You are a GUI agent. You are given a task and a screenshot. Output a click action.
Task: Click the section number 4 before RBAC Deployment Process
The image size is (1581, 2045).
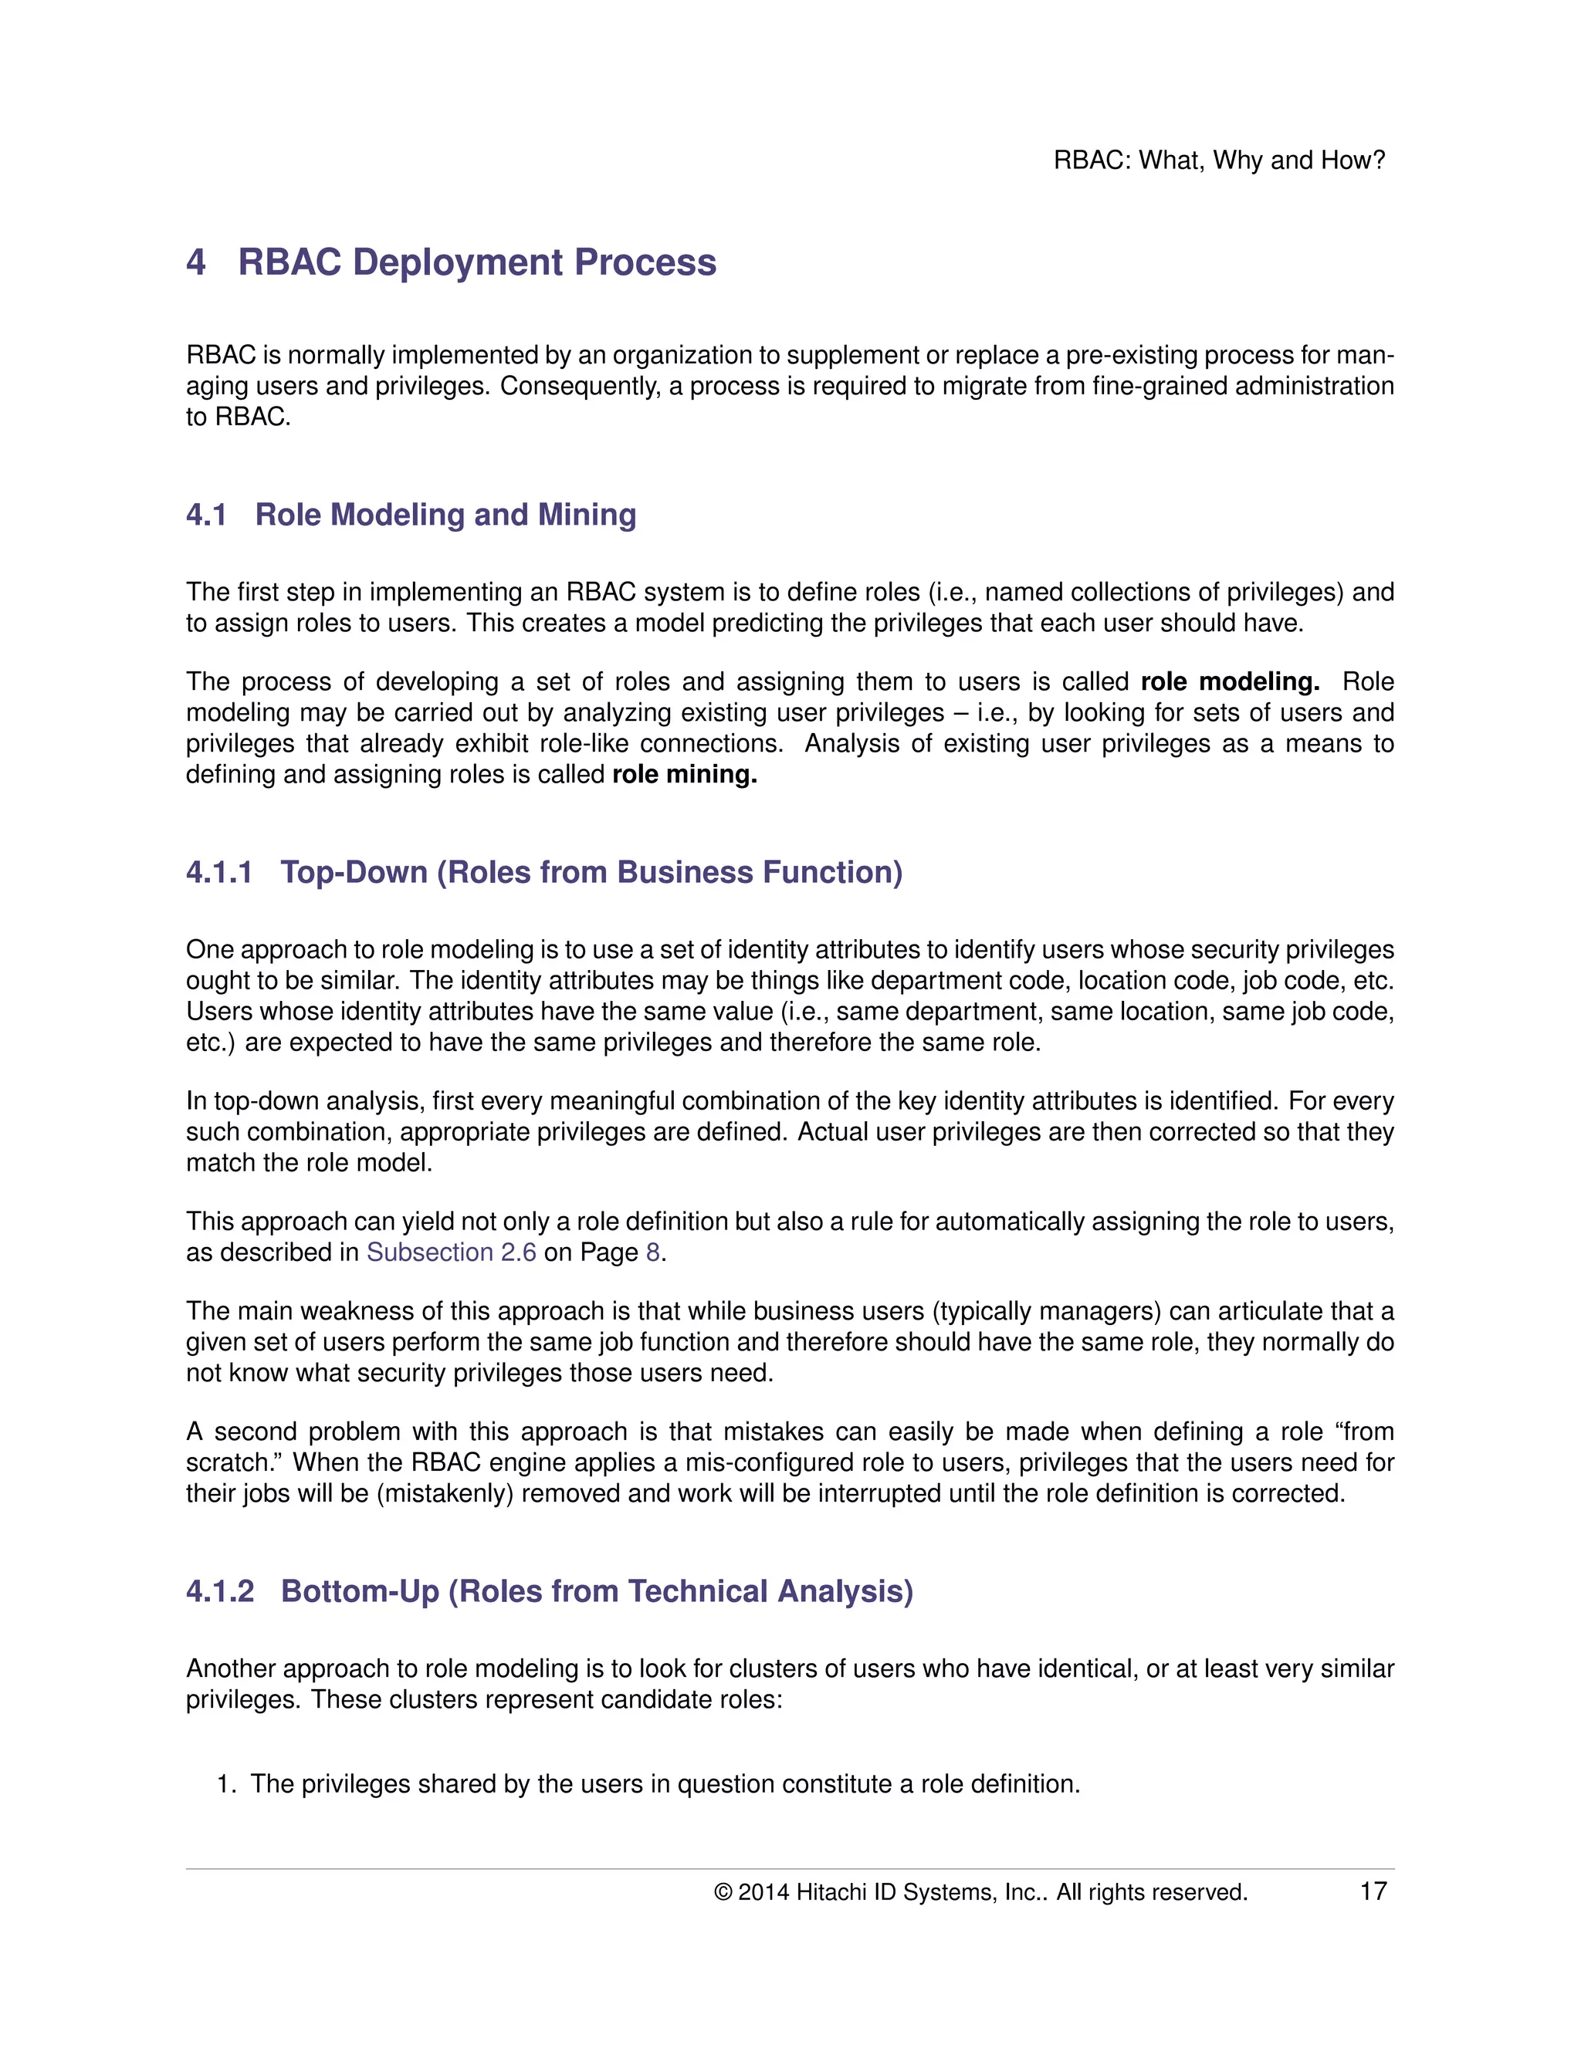coord(196,263)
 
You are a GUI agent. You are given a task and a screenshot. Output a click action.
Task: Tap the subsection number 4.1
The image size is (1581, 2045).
coord(206,515)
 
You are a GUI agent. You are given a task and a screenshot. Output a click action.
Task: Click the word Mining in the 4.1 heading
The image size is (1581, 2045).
coord(587,515)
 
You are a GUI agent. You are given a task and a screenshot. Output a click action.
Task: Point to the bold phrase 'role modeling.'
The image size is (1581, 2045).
coord(1230,681)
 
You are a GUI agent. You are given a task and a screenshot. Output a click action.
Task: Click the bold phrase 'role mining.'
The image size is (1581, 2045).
coord(684,774)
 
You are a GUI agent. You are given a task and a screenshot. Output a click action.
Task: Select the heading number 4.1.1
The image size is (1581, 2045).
coord(219,873)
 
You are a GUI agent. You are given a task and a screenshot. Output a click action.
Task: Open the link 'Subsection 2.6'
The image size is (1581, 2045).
coord(451,1252)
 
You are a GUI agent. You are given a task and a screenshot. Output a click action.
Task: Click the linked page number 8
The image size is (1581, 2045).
coord(653,1252)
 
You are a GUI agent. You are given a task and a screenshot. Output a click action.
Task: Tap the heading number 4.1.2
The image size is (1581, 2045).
coord(219,1592)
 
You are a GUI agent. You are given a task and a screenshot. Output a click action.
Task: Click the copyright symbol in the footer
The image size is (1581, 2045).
coord(722,1892)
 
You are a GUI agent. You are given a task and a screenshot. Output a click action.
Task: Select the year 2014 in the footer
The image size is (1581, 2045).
coord(763,1892)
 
